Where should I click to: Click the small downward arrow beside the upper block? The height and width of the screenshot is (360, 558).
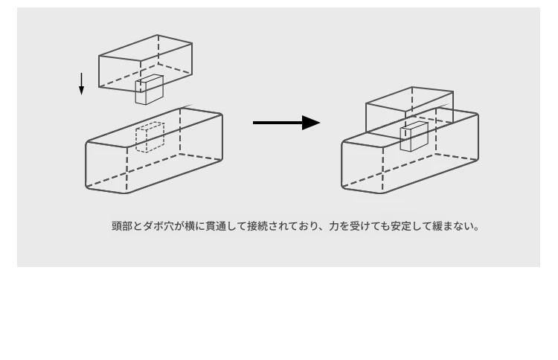82,84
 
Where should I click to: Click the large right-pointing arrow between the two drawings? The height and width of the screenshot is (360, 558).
286,123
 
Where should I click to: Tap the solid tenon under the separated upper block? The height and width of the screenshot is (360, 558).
149,90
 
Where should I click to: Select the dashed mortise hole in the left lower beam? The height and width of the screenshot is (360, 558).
150,137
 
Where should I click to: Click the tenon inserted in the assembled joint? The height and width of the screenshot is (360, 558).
414,137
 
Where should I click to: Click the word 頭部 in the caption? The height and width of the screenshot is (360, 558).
122,226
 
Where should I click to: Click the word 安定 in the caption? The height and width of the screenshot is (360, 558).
402,226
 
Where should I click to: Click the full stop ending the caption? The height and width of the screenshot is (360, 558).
477,229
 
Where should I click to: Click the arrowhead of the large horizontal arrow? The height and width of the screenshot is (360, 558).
311,123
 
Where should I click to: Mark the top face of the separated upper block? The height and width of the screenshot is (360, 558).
146,48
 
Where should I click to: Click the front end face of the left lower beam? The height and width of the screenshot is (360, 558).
106,167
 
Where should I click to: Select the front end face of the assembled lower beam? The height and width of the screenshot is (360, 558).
362,167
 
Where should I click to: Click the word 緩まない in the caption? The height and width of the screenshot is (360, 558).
453,226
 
